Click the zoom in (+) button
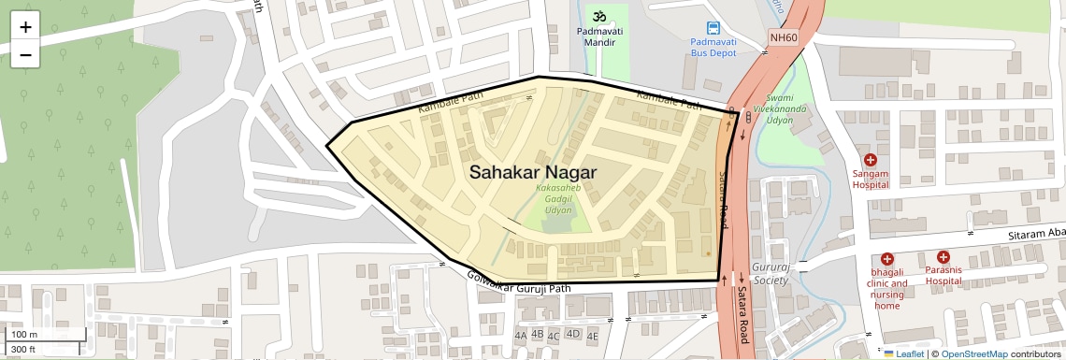click(x=25, y=27)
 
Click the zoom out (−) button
click(x=25, y=55)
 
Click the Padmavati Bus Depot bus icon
click(x=713, y=28)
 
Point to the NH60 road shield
click(x=783, y=37)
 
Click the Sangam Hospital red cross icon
click(x=870, y=160)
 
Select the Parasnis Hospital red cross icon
click(x=944, y=256)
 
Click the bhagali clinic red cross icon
click(x=886, y=259)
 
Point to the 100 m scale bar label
click(x=24, y=334)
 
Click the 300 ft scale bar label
click(x=23, y=350)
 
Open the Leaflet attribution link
click(x=904, y=353)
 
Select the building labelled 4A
click(x=520, y=335)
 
